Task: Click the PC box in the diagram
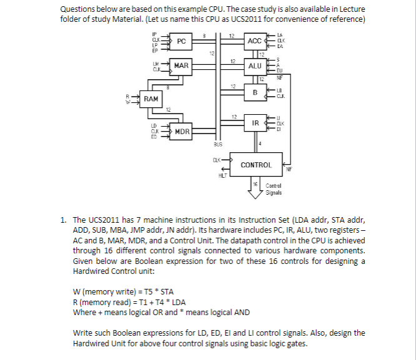coord(181,41)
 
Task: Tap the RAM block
coord(151,99)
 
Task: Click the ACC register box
coord(255,41)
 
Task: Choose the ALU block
coord(255,66)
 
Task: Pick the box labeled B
coord(255,92)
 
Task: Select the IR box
coord(255,124)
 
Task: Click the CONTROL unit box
coord(256,165)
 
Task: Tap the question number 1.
coord(63,220)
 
